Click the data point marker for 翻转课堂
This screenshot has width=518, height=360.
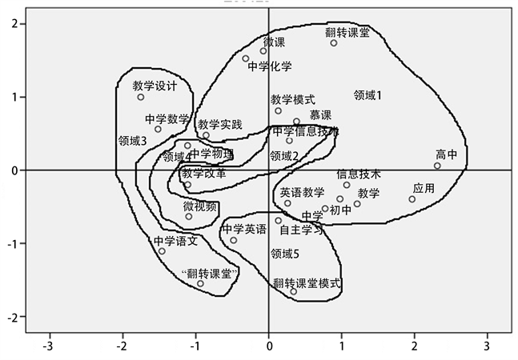point(334,42)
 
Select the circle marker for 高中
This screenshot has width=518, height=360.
point(437,166)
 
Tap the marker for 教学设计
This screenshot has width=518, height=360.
point(141,97)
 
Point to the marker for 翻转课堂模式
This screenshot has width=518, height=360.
point(293,291)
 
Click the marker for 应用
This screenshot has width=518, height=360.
point(412,199)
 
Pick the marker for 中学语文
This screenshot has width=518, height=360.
point(162,251)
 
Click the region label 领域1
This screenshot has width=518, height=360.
point(367,95)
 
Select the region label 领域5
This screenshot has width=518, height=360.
point(284,254)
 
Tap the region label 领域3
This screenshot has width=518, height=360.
point(132,140)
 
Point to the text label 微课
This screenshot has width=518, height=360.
point(274,42)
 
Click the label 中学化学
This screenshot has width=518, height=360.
point(270,66)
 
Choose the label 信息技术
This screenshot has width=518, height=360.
point(358,174)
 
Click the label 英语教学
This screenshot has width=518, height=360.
point(302,192)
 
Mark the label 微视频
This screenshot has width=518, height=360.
point(200,206)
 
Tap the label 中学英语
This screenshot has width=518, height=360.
point(243,230)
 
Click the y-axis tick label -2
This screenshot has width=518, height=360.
point(13,317)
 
